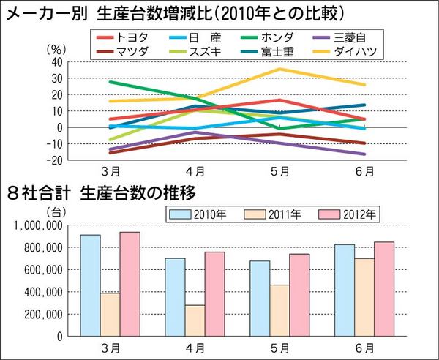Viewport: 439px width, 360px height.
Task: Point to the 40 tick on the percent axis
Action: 56,62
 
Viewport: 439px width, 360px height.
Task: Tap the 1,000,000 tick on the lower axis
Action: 38,226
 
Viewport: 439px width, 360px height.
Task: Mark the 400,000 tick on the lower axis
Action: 41,293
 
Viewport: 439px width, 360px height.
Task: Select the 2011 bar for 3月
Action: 110,315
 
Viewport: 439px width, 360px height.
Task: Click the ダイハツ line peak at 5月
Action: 279,69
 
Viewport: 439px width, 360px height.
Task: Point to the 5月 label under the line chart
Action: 279,173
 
